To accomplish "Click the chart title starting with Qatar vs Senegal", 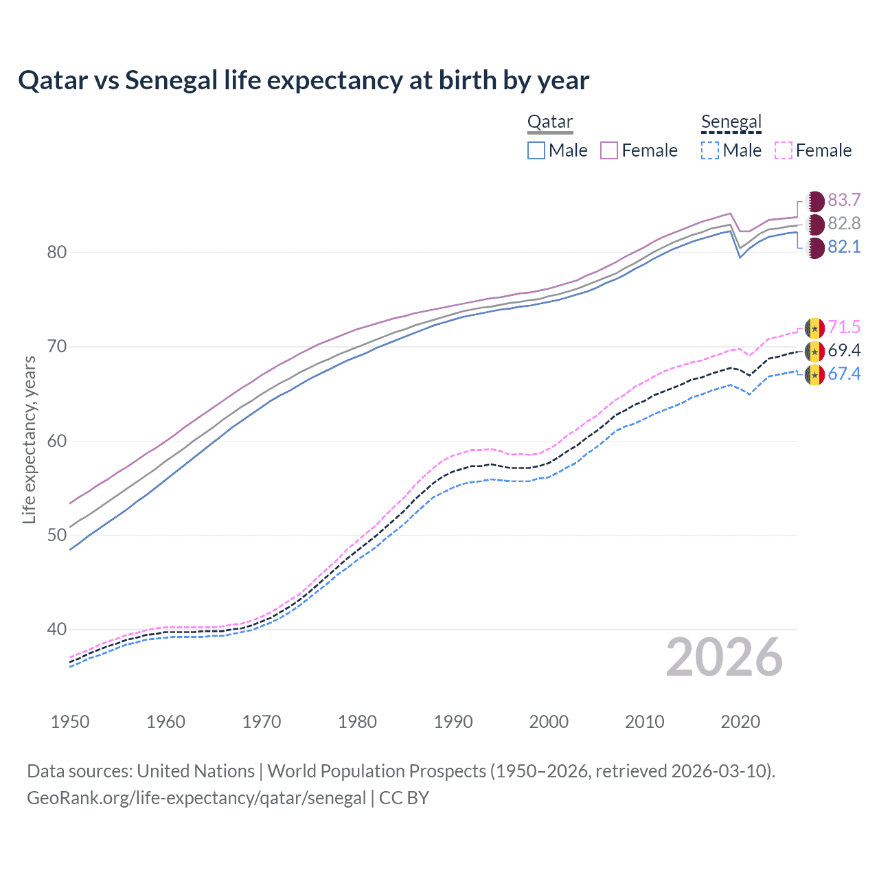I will tap(304, 80).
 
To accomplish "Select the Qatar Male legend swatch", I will tap(536, 150).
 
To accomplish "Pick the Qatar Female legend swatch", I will tap(609, 150).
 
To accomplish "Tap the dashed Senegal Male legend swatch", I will tap(710, 150).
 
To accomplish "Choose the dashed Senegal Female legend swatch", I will tap(784, 150).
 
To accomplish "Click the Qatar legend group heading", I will tap(549, 122).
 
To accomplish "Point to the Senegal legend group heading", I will tap(731, 122).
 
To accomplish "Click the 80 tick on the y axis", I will tap(57, 252).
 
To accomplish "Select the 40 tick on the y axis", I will tap(57, 629).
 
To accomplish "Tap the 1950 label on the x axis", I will tap(70, 722).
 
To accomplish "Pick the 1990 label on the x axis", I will tap(453, 722).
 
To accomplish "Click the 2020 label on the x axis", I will tap(740, 722).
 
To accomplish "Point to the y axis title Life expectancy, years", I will tap(29, 439).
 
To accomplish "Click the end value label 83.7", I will tap(844, 200).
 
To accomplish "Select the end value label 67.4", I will tap(844, 374).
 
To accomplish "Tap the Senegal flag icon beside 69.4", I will tap(814, 352).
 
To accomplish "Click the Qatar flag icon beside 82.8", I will tap(814, 224).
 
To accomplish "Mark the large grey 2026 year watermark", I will tap(724, 657).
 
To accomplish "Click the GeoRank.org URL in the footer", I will tap(196, 798).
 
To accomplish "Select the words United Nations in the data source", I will tap(196, 771).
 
